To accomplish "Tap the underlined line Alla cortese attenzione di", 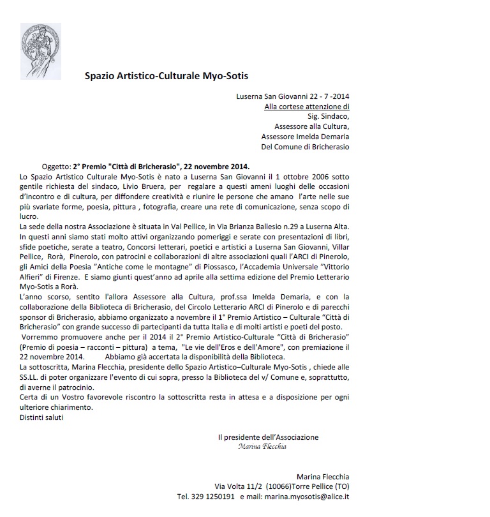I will (307, 107).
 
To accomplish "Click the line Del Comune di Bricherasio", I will (306, 146).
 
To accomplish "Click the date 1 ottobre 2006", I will (297, 176).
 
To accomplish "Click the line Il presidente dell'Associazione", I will (268, 437).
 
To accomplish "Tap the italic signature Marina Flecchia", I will (262, 447).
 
